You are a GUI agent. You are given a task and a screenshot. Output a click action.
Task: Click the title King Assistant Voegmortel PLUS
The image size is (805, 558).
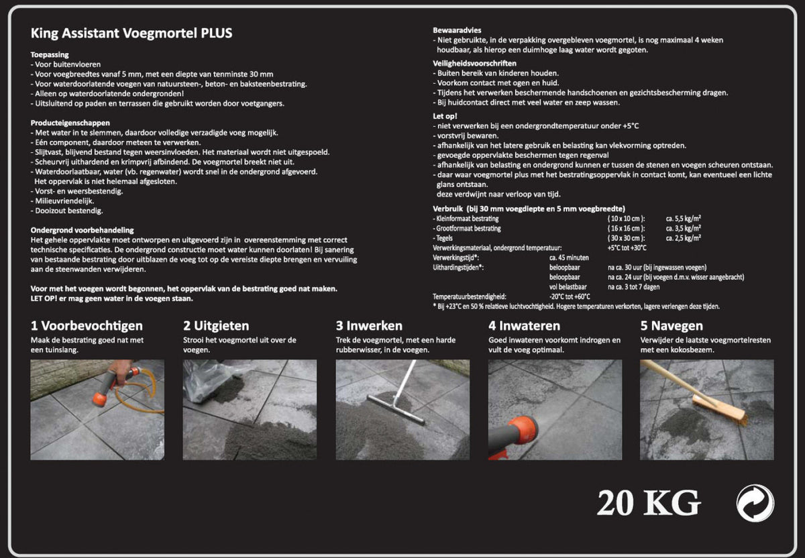pyautogui.click(x=131, y=33)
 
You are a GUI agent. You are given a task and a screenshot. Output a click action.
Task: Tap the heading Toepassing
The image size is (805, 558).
pyautogui.click(x=50, y=54)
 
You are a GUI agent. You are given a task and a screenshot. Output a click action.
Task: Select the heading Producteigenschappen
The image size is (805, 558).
pyautogui.click(x=70, y=123)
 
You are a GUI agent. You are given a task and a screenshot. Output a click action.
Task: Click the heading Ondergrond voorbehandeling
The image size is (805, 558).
pyautogui.click(x=83, y=229)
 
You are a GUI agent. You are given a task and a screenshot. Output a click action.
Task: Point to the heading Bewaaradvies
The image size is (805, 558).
pyautogui.click(x=457, y=30)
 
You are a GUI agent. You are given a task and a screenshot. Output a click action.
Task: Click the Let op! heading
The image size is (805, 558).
pyautogui.click(x=445, y=116)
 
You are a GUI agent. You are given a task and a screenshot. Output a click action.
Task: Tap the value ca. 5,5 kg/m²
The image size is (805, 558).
pyautogui.click(x=683, y=219)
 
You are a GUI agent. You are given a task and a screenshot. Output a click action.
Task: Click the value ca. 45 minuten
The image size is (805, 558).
pyautogui.click(x=569, y=257)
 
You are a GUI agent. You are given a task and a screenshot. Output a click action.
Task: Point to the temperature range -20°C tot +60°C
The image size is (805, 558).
pyautogui.click(x=569, y=296)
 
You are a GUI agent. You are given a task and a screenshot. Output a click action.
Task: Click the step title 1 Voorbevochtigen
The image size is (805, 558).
pyautogui.click(x=87, y=326)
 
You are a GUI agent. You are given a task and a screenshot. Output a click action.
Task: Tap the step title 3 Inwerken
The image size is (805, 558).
pyautogui.click(x=369, y=326)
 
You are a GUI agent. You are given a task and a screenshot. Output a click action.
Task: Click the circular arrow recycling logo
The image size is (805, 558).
pyautogui.click(x=755, y=503)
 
